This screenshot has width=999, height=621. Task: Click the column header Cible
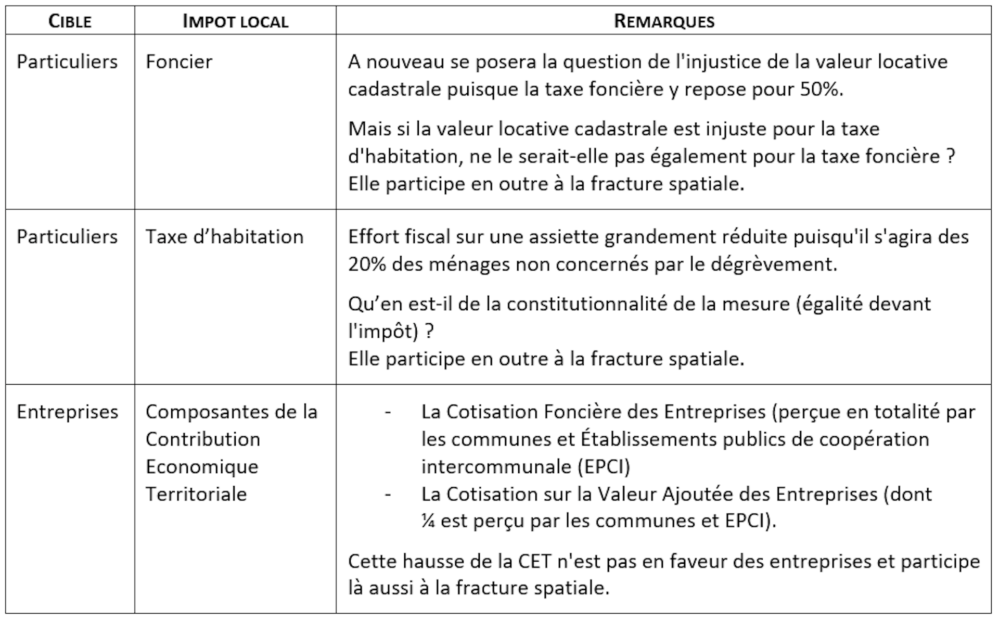[x=70, y=21]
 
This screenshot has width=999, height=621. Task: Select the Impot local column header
[x=235, y=21]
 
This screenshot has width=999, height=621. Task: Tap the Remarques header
[x=664, y=21]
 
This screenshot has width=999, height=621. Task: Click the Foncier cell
[x=179, y=62]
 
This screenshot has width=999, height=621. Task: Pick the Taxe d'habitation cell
[x=224, y=237]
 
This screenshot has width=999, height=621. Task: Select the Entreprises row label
[x=68, y=412]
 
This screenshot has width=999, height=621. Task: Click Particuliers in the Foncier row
[x=68, y=62]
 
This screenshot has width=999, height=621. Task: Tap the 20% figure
[x=367, y=264]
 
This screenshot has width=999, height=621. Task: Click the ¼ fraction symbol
[x=428, y=521]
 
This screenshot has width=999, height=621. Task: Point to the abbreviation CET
[x=537, y=562]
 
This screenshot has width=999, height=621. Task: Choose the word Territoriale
[x=196, y=494]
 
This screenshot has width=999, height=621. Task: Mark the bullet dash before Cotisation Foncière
[x=388, y=412]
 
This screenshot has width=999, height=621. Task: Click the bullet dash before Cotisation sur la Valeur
[x=388, y=495]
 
